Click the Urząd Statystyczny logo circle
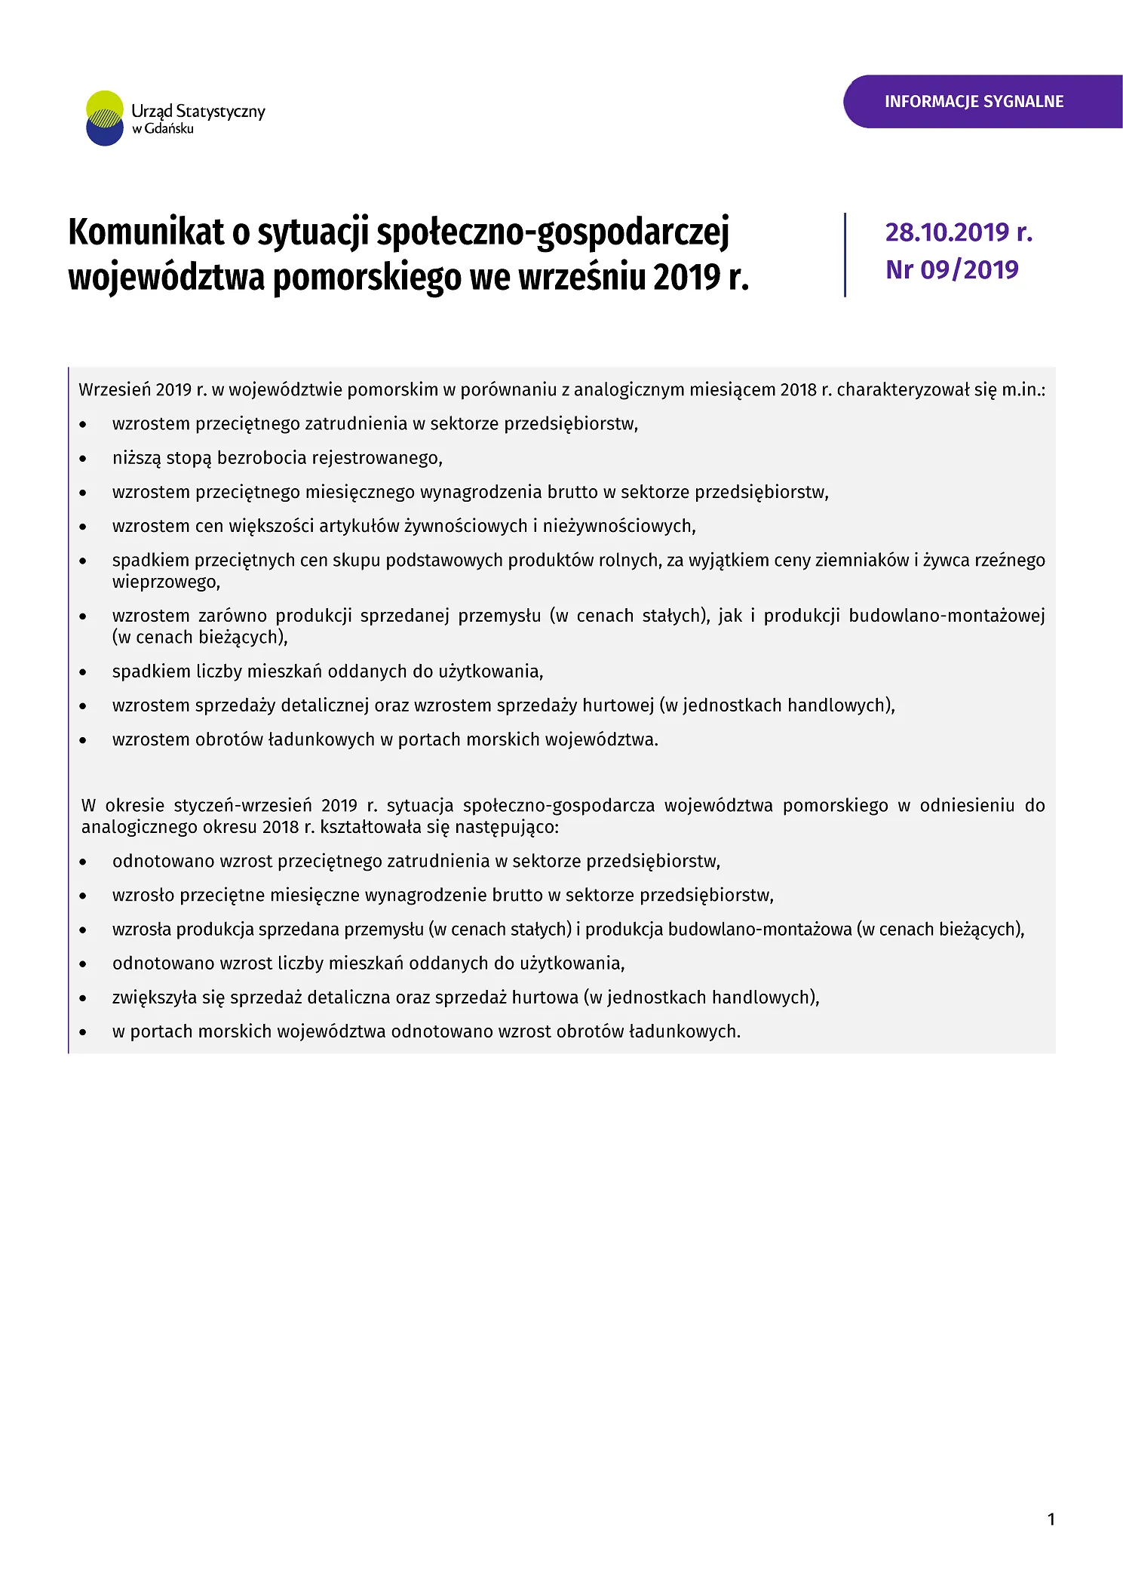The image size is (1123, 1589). coord(105,118)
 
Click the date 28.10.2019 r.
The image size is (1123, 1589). coord(958,232)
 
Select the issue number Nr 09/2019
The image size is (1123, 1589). coord(952,269)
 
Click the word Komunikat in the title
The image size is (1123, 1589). coord(146,232)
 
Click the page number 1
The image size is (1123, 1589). coord(1051,1519)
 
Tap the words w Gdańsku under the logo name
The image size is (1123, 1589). coord(163,129)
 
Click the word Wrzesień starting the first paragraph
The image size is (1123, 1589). coord(114,390)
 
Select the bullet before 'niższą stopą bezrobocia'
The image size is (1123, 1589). coord(83,459)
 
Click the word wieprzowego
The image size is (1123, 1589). coord(165,582)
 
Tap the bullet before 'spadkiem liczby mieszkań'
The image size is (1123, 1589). coord(83,672)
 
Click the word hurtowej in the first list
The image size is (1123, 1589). coord(618,705)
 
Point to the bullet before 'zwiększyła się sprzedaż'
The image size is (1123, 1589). coord(83,998)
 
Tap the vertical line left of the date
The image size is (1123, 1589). coord(845,254)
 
